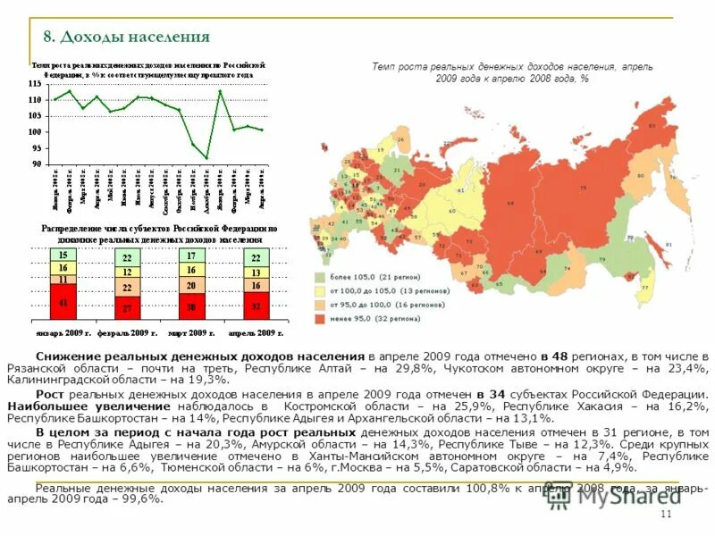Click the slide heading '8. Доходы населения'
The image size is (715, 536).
coord(126,37)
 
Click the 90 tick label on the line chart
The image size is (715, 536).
coord(36,164)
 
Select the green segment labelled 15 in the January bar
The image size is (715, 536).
coord(63,255)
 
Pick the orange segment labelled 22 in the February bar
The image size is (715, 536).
coord(127,288)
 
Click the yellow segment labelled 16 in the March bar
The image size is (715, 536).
coord(191,270)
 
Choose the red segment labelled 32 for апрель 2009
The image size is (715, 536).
coord(256,305)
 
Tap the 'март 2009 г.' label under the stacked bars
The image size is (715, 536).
coord(192,332)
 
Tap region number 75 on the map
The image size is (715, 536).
coord(584,188)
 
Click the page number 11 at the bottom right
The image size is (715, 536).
coord(664,516)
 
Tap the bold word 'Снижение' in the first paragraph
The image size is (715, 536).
coord(65,356)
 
